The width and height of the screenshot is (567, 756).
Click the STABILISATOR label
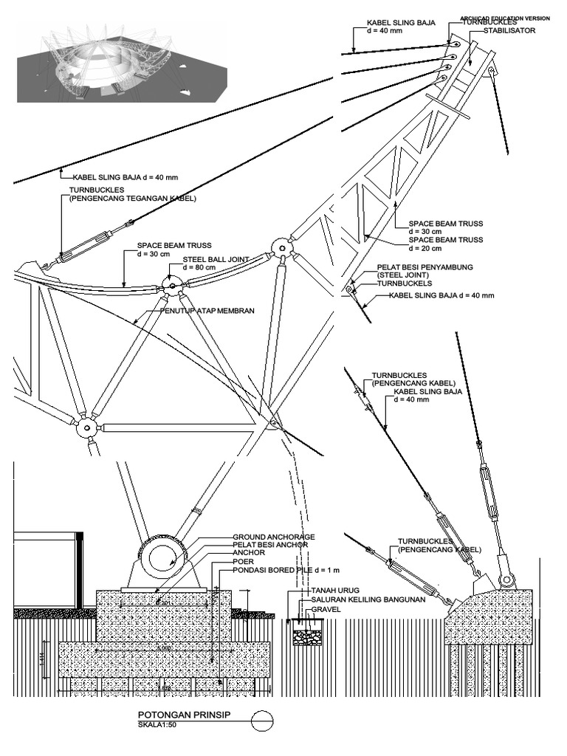pos(515,31)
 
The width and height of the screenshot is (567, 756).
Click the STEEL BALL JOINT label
pos(216,259)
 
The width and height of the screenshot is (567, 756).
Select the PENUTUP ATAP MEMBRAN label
pos(207,312)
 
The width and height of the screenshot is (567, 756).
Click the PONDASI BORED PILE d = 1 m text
pos(285,570)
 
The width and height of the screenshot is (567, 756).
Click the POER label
pos(244,561)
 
